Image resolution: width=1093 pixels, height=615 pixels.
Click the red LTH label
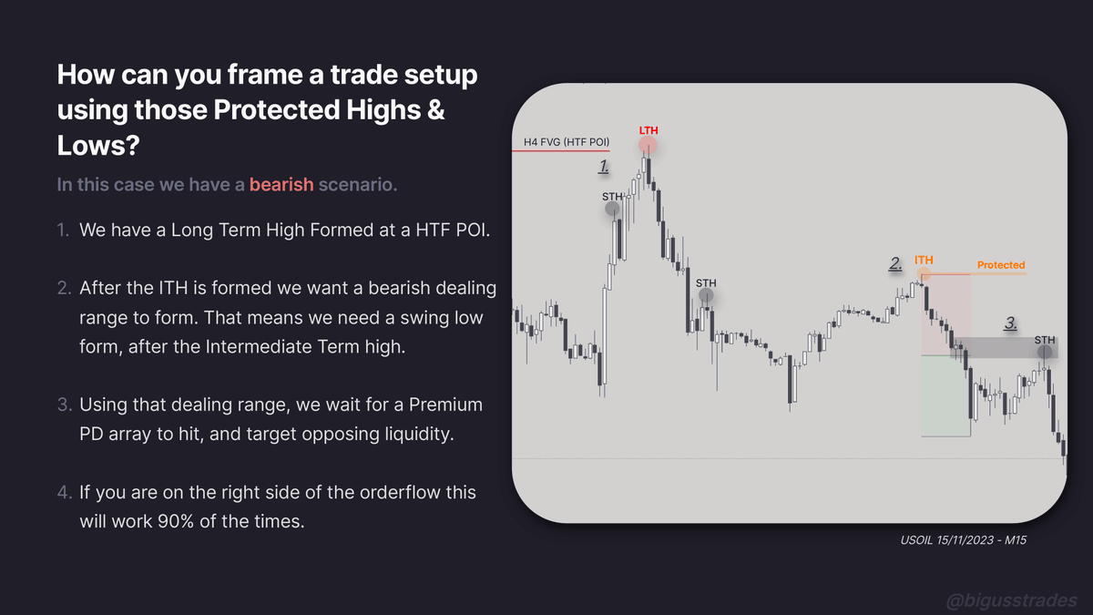(648, 130)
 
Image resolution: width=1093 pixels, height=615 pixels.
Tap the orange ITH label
(924, 261)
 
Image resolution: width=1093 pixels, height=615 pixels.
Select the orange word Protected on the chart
(1001, 265)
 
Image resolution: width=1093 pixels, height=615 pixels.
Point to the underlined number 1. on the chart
(603, 166)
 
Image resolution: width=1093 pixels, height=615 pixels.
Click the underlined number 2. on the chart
(895, 264)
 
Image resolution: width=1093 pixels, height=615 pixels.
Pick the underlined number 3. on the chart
(1011, 323)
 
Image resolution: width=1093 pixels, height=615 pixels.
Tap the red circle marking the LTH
(648, 146)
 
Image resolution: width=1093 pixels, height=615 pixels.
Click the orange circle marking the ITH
(924, 273)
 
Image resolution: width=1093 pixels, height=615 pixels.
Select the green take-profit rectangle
(945, 395)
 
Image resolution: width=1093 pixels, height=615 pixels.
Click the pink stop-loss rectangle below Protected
(945, 314)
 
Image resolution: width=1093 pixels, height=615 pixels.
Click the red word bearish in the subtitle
(281, 185)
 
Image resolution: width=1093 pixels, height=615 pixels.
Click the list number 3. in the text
(63, 405)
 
